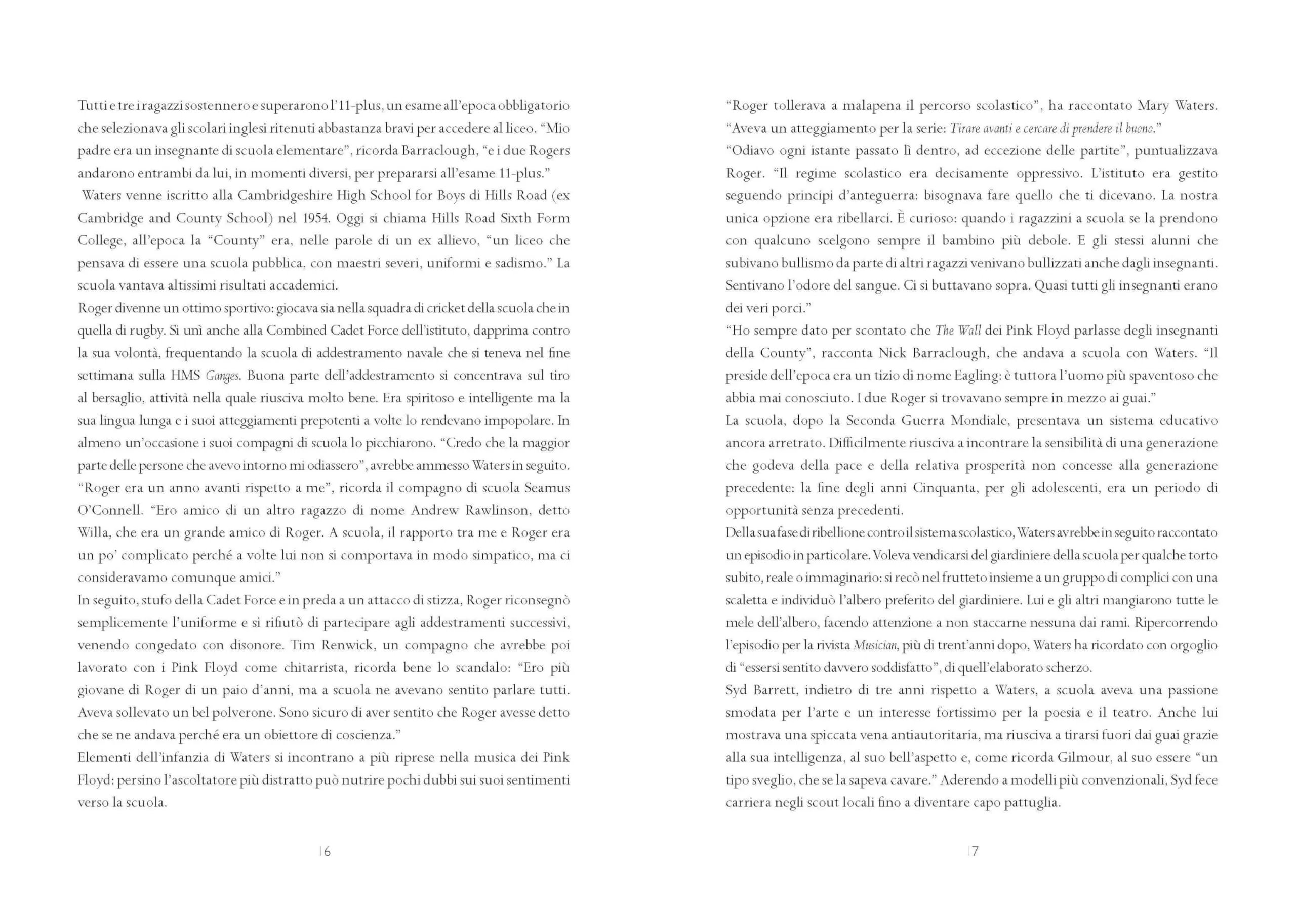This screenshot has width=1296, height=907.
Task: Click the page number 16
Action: [x=325, y=852]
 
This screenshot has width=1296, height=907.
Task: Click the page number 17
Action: [x=972, y=852]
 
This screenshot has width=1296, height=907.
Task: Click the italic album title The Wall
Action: [x=958, y=331]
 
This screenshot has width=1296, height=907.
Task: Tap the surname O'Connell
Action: [x=109, y=511]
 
